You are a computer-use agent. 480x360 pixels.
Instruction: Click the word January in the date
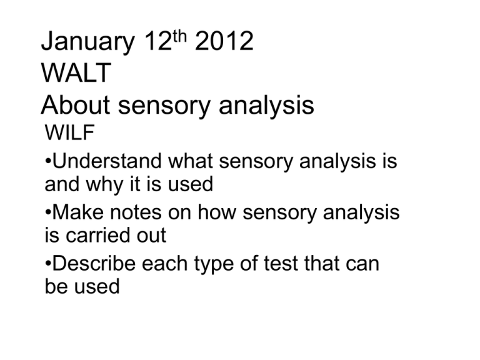coord(88,42)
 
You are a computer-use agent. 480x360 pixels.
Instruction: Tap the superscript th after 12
coord(179,36)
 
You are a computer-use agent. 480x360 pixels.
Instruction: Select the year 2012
coord(224,41)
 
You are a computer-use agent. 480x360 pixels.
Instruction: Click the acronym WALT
coord(76,73)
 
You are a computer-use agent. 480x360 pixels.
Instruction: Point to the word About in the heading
coord(75,105)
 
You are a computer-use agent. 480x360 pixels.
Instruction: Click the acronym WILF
coord(69,132)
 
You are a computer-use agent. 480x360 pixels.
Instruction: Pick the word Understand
coord(107,161)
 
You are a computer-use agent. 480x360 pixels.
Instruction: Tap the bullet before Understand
coord(47,161)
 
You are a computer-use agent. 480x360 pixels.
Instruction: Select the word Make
coord(78,212)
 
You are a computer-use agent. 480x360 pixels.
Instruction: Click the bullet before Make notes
coord(47,212)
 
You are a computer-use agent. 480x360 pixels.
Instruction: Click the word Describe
coord(94,263)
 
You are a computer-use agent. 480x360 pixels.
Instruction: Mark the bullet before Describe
coord(47,263)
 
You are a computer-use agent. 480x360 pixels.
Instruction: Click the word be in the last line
coord(56,286)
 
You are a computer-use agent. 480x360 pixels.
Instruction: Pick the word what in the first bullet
coord(191,161)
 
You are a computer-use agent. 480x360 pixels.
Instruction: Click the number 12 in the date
coord(157,41)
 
